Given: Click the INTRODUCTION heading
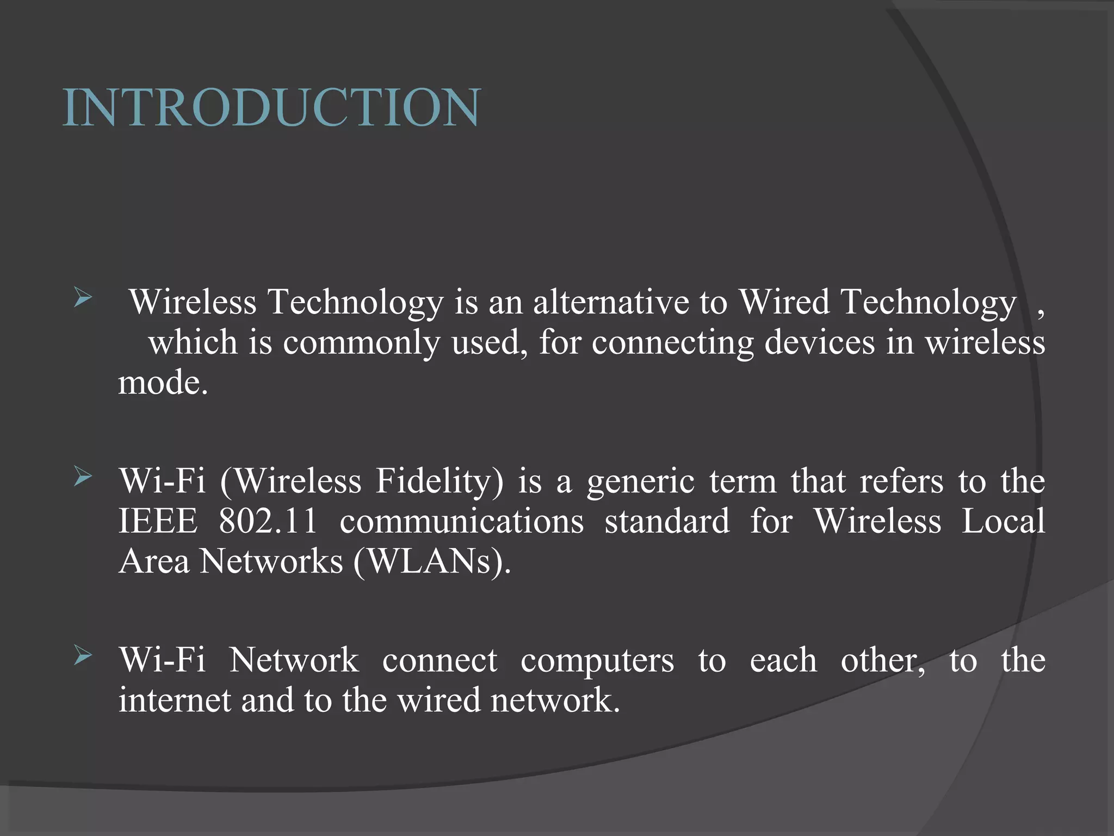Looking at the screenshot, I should [271, 108].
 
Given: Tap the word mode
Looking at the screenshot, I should [163, 383].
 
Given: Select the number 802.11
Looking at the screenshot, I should [268, 521].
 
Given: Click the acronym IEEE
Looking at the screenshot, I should [158, 521].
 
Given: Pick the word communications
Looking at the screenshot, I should [462, 521].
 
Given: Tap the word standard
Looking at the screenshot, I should [667, 521].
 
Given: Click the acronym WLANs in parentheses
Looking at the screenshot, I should [432, 561].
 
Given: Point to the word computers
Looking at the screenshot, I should [597, 660].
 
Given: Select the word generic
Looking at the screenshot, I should [641, 482].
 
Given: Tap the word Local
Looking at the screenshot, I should [1003, 521].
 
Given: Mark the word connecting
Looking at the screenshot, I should [672, 343].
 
